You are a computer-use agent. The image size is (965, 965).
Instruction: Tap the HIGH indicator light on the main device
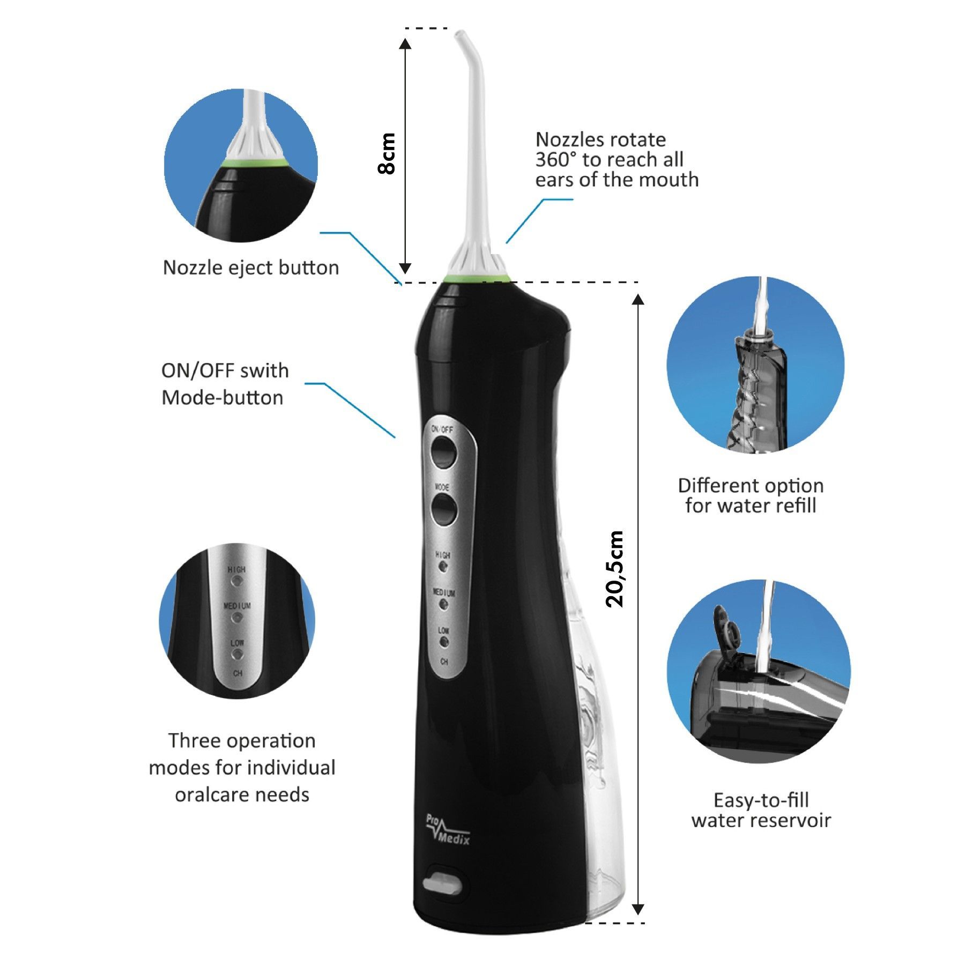click(x=443, y=567)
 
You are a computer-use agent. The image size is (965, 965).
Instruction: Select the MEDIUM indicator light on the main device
click(x=443, y=605)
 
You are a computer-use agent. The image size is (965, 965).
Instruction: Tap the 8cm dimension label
click(x=386, y=153)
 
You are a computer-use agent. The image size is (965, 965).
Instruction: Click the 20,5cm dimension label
click(x=615, y=569)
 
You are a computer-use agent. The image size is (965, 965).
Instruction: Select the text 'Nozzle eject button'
click(x=251, y=268)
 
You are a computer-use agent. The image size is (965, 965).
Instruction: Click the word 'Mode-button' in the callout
click(x=222, y=398)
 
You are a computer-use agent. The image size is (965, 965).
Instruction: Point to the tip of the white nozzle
click(x=459, y=35)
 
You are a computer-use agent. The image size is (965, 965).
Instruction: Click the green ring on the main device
click(x=477, y=278)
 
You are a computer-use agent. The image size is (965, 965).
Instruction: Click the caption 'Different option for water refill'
click(x=751, y=495)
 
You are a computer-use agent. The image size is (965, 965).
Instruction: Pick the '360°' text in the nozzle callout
click(x=556, y=160)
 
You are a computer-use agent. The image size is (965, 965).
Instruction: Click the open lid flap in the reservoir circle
click(x=724, y=626)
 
